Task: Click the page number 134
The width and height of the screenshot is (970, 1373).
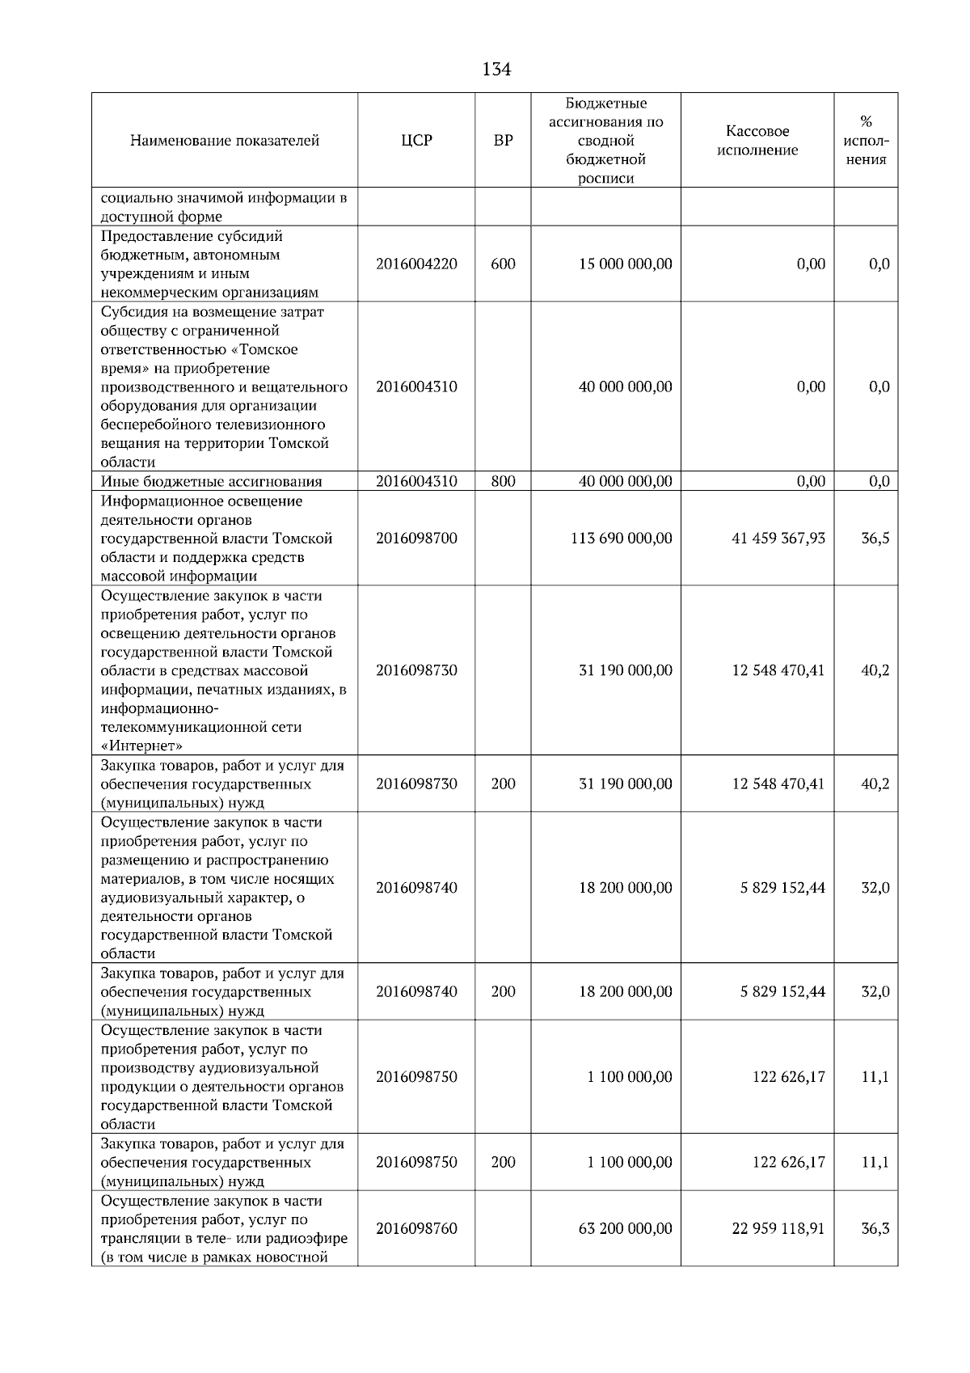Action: [x=496, y=70]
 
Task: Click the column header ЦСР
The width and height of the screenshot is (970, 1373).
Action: [x=416, y=141]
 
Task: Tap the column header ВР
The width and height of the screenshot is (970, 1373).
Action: [x=503, y=141]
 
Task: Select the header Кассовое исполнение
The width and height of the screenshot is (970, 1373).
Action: [x=757, y=141]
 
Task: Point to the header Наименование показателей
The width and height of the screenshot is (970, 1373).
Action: [x=225, y=141]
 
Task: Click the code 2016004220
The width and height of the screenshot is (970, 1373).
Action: [x=416, y=264]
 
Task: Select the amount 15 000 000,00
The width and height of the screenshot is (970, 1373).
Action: [x=625, y=264]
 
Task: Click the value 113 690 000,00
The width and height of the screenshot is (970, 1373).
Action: [x=621, y=539]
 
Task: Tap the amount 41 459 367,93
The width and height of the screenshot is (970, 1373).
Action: [x=778, y=539]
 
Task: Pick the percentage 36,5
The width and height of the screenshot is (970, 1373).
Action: [x=875, y=539]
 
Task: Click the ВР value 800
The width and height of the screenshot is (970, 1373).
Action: [x=503, y=482]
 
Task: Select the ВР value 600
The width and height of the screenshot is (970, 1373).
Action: [x=503, y=264]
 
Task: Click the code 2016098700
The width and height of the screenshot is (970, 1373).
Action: [x=416, y=539]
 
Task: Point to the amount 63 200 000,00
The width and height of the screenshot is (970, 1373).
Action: [x=625, y=1228]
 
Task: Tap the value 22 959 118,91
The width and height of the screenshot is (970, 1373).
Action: [x=778, y=1228]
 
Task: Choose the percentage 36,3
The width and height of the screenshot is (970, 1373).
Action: [x=875, y=1228]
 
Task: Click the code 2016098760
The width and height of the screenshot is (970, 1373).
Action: [x=416, y=1228]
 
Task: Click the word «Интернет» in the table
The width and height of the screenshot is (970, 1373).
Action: [x=141, y=746]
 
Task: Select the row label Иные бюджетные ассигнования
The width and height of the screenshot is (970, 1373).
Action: [x=211, y=482]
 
